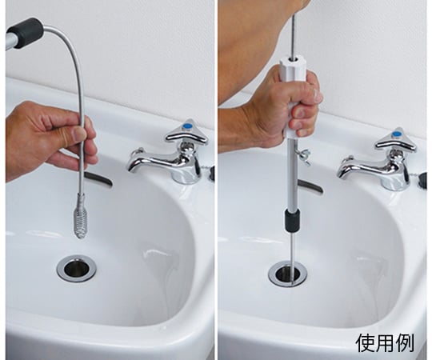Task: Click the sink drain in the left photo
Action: (76, 269)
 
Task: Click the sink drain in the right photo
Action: (288, 274)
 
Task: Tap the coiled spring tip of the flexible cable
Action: (79, 221)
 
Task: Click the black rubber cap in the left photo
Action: (26, 34)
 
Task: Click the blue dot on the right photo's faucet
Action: (397, 134)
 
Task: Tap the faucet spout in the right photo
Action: (355, 167)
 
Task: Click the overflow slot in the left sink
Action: (98, 178)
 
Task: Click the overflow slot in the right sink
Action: (310, 186)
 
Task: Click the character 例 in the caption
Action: (405, 343)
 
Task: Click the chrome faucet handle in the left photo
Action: (186, 133)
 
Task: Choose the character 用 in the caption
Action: (385, 343)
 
